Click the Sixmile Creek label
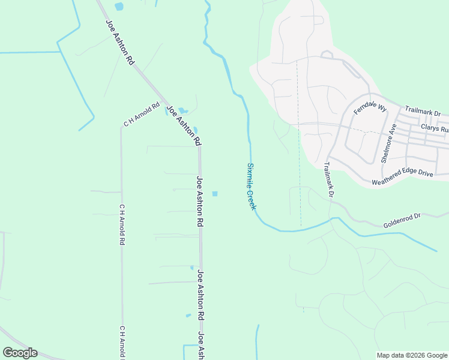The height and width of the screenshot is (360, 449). click(252, 186)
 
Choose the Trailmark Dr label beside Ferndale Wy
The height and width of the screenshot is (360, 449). click(423, 111)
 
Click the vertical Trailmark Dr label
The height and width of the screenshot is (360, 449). click(328, 179)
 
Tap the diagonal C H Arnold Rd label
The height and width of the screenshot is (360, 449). click(142, 114)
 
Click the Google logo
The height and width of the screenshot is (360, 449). click(20, 353)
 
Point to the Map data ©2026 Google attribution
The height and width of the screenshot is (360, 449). click(411, 355)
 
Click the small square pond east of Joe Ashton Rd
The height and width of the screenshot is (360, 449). click(214, 193)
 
